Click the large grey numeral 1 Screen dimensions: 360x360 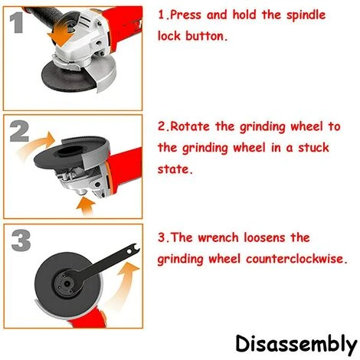click(17, 23)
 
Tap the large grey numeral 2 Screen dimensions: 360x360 click(19, 132)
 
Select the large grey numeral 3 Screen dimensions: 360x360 click(21, 241)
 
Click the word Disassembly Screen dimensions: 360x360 click(296, 345)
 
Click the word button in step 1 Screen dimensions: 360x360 click(206, 36)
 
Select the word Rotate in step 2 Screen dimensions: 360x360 click(190, 126)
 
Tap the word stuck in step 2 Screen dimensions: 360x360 click(314, 148)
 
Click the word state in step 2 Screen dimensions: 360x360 click(175, 169)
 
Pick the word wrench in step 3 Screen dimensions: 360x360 click(218, 238)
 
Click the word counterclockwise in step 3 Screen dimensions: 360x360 click(296, 260)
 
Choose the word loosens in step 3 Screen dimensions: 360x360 click(264, 238)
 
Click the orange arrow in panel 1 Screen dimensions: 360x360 click(61, 36)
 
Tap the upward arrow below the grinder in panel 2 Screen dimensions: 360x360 click(85, 206)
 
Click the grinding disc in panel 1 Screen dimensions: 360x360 click(67, 77)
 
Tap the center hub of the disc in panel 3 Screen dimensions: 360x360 click(67, 283)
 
